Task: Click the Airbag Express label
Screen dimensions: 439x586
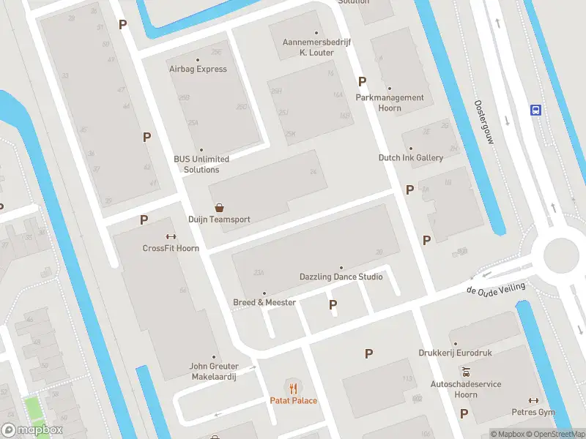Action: [198, 69]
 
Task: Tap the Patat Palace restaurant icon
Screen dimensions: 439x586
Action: [293, 387]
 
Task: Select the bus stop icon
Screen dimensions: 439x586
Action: [536, 110]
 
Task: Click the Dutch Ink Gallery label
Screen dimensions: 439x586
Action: [411, 157]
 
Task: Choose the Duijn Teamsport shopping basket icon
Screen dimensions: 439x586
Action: [219, 208]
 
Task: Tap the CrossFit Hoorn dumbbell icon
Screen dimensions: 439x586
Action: [171, 236]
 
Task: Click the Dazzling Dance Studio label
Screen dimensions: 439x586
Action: [341, 277]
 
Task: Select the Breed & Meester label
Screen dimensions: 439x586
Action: [264, 302]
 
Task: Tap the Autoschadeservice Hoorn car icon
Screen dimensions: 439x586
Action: [465, 372]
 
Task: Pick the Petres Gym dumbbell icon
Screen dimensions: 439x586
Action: [533, 400]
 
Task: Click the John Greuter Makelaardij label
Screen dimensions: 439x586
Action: [215, 371]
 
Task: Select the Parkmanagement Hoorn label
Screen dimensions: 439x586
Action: [390, 102]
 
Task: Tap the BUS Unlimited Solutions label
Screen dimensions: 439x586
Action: [201, 164]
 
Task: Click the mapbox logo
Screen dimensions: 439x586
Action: [32, 429]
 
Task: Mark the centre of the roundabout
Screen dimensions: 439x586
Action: [563, 255]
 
